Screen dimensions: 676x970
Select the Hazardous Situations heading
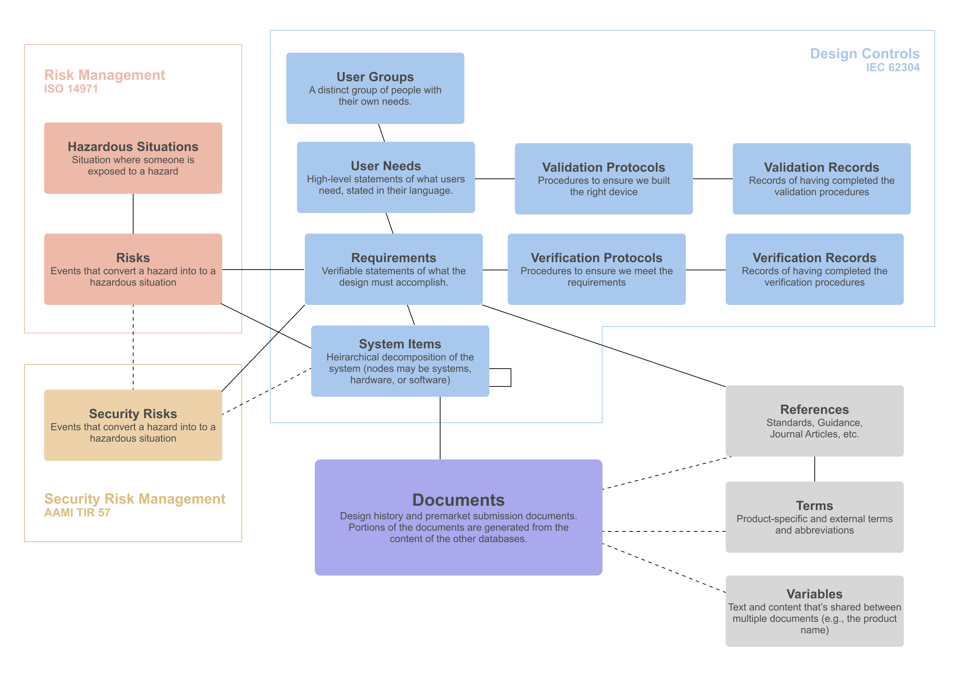[133, 147]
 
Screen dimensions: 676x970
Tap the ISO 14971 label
[71, 89]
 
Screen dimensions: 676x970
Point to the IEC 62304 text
[892, 68]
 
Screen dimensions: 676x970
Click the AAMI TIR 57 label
[77, 513]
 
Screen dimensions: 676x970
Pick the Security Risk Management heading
[134, 499]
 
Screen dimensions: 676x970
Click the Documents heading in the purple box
[458, 500]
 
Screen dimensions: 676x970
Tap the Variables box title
[814, 594]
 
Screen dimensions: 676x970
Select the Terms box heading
[814, 506]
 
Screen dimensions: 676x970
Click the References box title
[814, 409]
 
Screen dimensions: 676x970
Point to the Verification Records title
[814, 258]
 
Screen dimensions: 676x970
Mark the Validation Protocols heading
[603, 167]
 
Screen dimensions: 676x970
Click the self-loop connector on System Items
[510, 377]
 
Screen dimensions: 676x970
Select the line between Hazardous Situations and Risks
[133, 214]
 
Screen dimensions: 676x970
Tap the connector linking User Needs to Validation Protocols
[494, 179]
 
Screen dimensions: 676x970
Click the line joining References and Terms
[814, 469]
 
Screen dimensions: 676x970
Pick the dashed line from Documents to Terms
[663, 531]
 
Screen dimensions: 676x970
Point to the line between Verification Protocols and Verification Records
[705, 270]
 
